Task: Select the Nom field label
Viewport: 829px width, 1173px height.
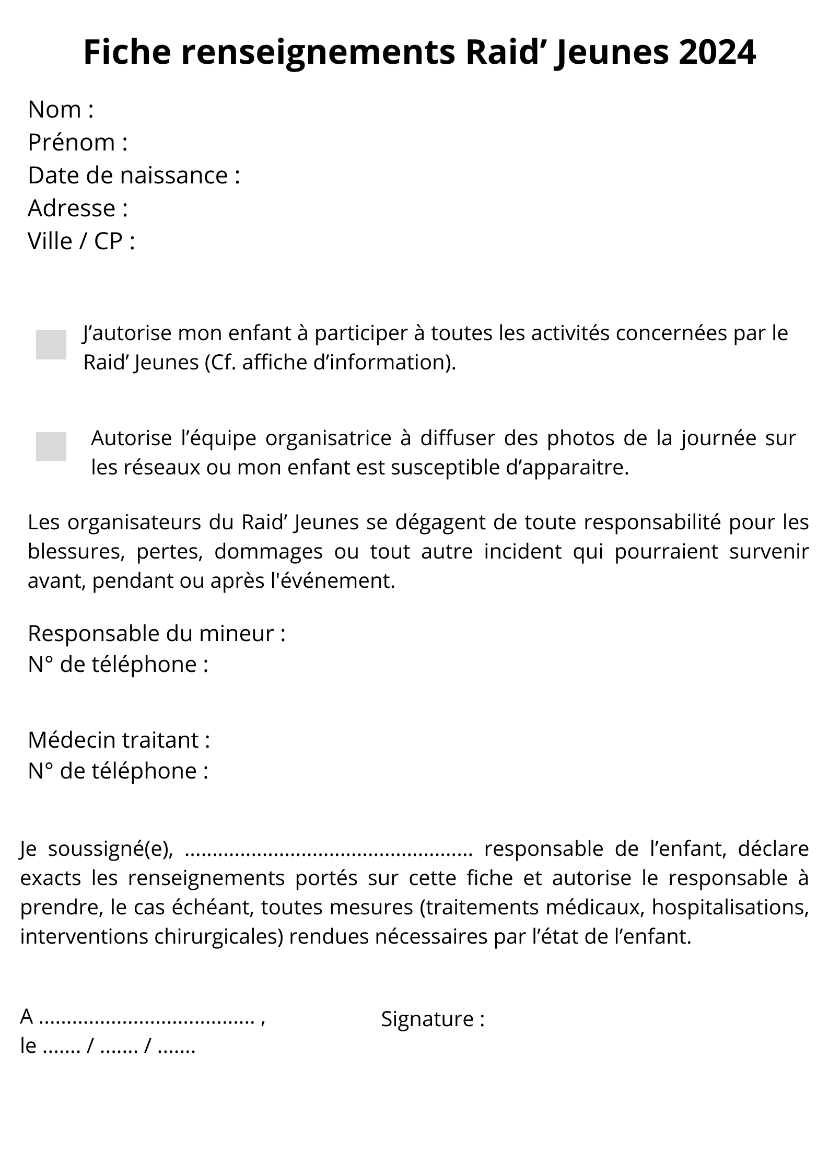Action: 61,110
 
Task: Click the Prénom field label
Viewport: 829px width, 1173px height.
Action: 78,142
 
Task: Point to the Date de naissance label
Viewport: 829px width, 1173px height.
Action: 134,175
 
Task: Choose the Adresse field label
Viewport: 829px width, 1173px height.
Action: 78,208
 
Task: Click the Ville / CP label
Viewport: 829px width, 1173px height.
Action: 81,241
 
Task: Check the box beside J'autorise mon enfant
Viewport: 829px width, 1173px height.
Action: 51,345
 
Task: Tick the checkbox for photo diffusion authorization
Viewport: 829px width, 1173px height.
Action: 51,447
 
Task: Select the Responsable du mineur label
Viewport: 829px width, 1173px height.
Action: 156,634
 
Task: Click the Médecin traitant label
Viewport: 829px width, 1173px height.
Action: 119,740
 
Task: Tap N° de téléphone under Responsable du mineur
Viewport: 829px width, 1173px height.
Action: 118,665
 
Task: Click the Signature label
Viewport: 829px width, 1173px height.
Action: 433,1019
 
